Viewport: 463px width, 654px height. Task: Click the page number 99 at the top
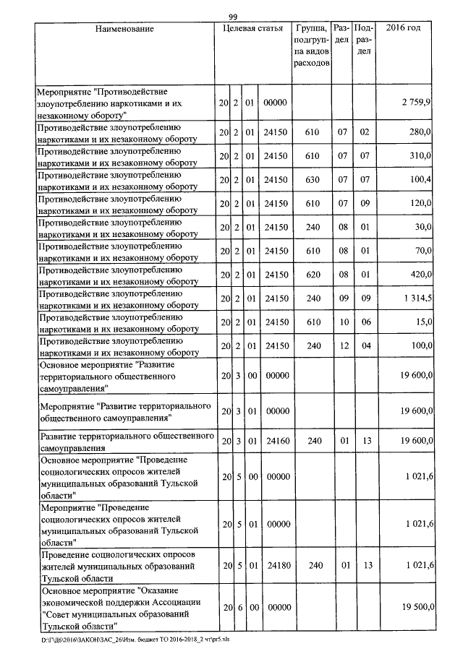point(233,17)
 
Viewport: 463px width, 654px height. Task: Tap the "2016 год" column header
point(404,28)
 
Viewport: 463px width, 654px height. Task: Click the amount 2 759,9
point(417,104)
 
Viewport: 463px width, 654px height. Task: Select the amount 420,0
point(420,275)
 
